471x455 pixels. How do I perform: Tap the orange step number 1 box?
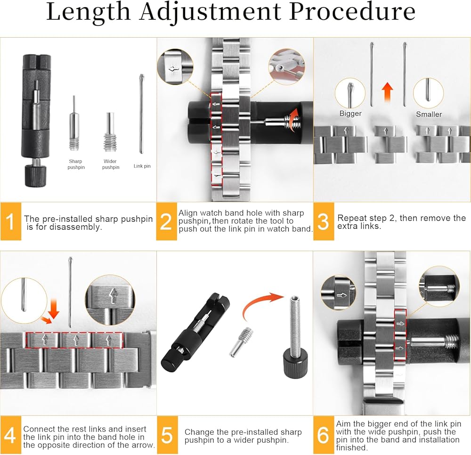(10, 222)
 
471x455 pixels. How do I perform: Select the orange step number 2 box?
(166, 222)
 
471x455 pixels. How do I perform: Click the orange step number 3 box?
(324, 222)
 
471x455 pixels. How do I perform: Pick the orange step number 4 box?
(10, 435)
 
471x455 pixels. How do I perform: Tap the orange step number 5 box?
(167, 435)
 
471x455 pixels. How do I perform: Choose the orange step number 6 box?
(324, 435)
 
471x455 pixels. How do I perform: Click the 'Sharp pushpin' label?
(76, 164)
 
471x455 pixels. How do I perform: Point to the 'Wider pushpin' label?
(111, 164)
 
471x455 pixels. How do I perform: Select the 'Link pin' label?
(142, 166)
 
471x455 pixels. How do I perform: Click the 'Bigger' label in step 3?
(350, 114)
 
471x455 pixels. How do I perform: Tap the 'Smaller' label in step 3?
(429, 114)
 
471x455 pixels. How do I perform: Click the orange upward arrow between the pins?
(388, 92)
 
